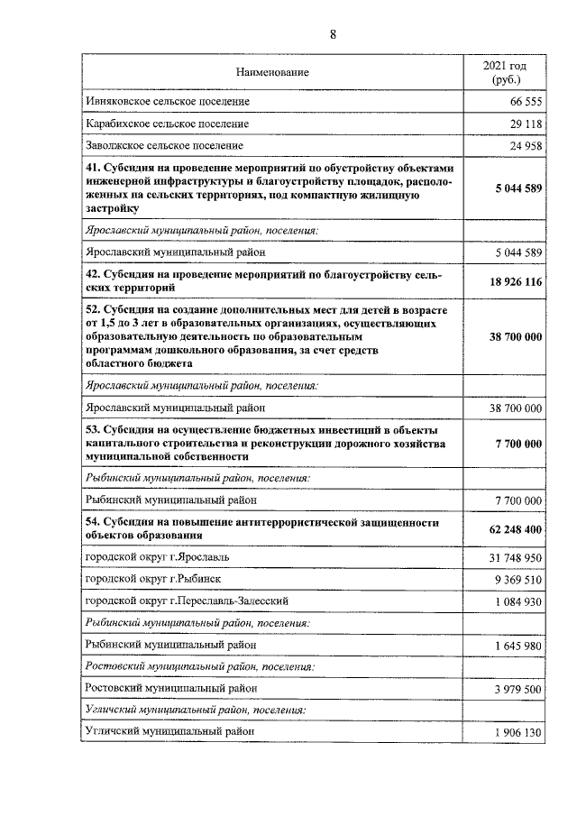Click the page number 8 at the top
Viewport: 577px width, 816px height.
pos(333,35)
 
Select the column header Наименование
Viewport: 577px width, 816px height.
pos(271,71)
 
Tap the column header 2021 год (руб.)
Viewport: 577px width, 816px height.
pos(505,72)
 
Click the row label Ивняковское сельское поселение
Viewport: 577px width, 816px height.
pos(166,102)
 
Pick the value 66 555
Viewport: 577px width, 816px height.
pos(524,102)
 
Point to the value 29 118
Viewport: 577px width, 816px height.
pos(524,124)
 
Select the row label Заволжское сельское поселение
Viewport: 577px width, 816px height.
pos(164,145)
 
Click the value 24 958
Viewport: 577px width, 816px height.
pos(524,145)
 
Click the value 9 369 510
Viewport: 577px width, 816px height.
pos(518,579)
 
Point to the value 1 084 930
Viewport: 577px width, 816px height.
pos(518,601)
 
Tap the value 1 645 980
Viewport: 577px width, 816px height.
pos(518,646)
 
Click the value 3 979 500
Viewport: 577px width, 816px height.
pos(518,689)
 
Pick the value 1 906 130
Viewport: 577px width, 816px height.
pos(518,733)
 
